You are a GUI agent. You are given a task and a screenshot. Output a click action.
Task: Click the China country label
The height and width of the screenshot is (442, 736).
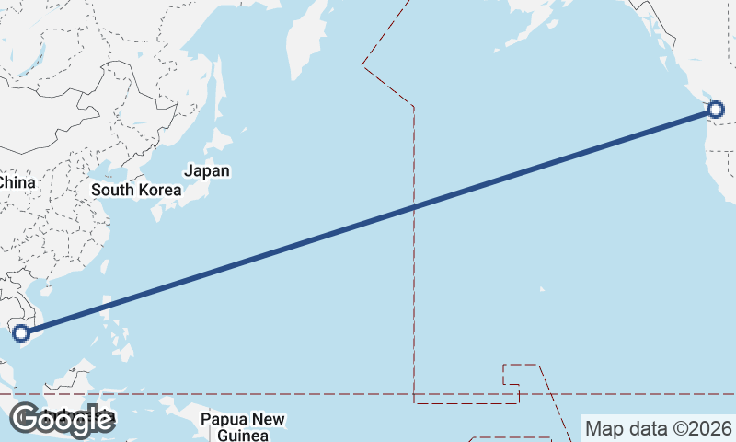point(17,182)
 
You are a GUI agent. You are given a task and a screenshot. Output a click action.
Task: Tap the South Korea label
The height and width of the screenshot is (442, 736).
point(137,191)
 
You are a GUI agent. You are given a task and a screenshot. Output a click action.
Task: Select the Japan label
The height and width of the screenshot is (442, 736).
point(207,170)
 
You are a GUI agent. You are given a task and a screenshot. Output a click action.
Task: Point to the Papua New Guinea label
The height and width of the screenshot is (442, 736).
point(243,427)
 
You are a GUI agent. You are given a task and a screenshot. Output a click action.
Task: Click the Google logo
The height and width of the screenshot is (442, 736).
point(62,420)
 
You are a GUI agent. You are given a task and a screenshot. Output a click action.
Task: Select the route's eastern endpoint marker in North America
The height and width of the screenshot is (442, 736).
point(717,110)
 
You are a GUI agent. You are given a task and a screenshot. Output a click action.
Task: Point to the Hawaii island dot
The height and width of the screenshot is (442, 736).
point(541,289)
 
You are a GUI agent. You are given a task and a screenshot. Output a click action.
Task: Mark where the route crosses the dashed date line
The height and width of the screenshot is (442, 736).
point(414,206)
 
